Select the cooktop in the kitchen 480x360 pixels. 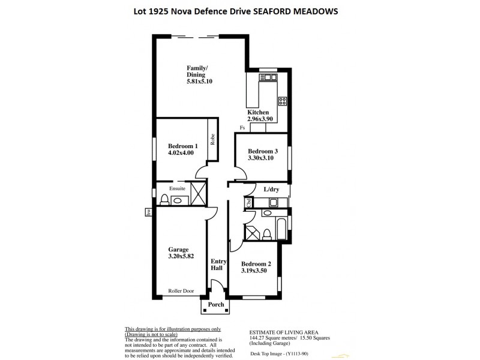point(282,100)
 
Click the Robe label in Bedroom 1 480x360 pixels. point(212,139)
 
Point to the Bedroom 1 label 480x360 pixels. point(183,146)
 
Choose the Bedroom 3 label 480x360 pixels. point(263,151)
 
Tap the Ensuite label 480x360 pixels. point(177,188)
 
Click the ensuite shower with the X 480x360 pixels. point(200,199)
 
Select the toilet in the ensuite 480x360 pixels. point(164,200)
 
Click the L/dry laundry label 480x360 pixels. point(272,190)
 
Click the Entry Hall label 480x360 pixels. point(217,264)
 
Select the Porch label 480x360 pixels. point(215,305)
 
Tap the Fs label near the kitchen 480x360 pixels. point(242,127)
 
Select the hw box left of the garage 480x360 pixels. point(146,211)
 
